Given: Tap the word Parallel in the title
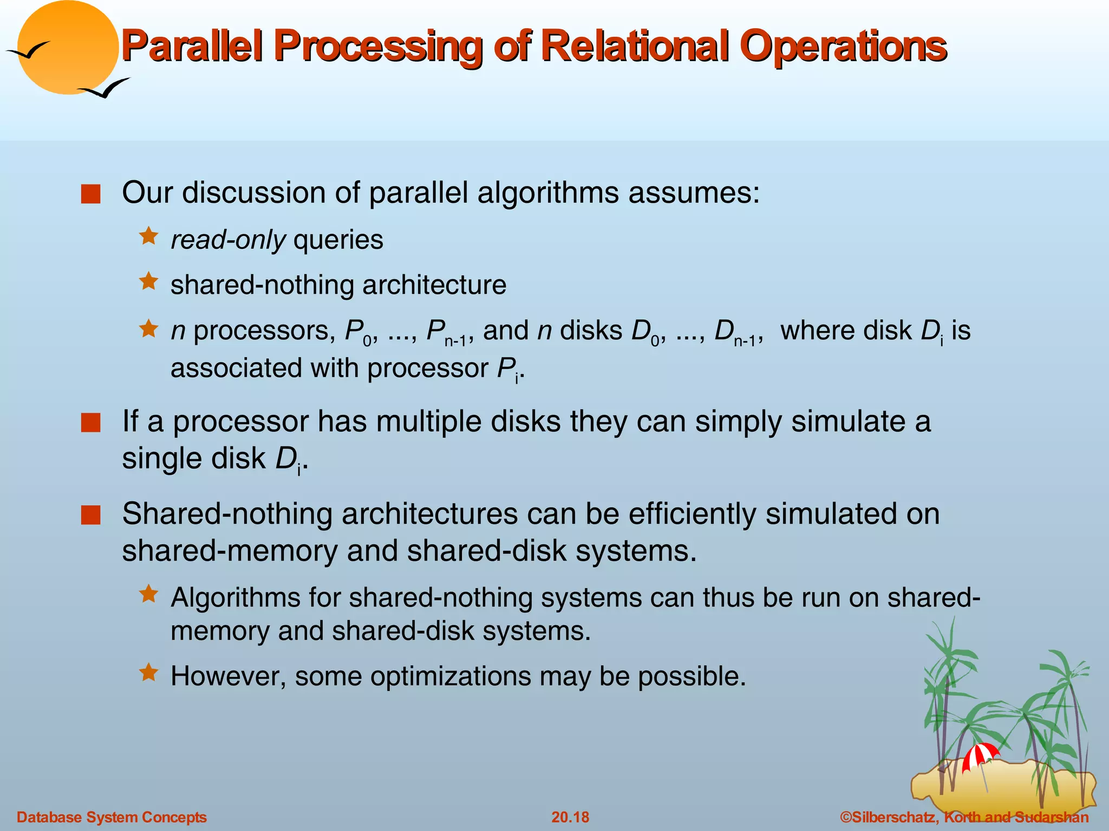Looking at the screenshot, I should [x=192, y=46].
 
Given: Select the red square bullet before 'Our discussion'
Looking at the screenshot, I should [x=90, y=194].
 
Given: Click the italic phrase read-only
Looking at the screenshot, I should [x=228, y=240].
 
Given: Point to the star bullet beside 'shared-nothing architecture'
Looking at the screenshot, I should [x=148, y=282].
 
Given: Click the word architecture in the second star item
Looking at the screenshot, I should [x=434, y=285].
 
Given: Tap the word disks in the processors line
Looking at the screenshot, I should [x=591, y=331].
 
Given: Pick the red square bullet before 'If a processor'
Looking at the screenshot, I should [x=90, y=423].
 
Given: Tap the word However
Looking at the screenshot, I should [x=228, y=676].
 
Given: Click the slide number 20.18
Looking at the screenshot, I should [x=570, y=817].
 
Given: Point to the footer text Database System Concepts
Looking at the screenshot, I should [x=112, y=817].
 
